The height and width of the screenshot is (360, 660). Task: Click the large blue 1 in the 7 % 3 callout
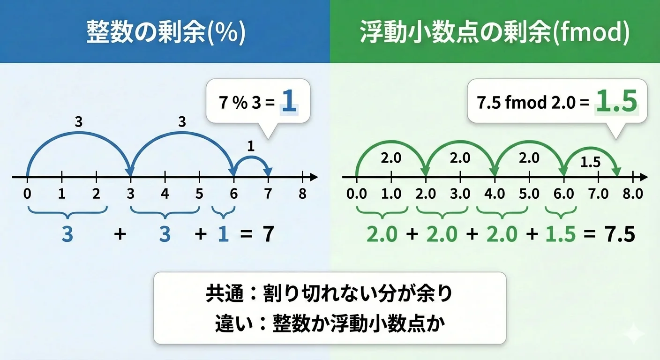289,101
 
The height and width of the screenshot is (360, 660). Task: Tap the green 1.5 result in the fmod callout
617,101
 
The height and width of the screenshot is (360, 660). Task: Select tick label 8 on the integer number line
303,194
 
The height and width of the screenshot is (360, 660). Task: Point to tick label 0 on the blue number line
27,194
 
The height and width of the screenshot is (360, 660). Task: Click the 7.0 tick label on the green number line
599,194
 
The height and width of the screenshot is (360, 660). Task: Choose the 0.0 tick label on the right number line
357,194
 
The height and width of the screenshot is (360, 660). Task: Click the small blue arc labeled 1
251,157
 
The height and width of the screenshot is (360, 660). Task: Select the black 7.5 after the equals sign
620,234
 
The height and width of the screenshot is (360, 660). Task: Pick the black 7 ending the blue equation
268,234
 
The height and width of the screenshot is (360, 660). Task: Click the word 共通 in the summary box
225,293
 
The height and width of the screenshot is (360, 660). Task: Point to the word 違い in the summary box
234,323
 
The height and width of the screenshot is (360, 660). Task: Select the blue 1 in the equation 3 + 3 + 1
223,234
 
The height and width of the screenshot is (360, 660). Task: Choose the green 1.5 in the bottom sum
561,234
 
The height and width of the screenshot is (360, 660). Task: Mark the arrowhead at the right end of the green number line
644,177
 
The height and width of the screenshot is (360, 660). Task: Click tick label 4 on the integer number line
165,194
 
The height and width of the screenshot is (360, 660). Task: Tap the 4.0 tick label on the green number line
495,194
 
